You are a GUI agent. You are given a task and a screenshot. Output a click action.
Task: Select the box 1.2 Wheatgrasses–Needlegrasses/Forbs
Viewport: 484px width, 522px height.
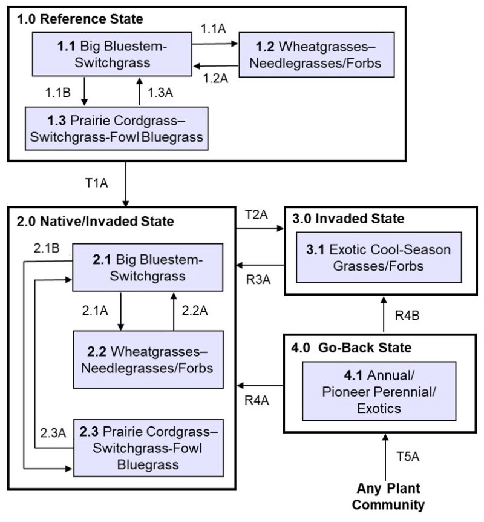coord(309,56)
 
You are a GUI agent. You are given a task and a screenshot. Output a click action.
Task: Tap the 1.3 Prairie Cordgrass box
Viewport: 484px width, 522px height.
coord(117,128)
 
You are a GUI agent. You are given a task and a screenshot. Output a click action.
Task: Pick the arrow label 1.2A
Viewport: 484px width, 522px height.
coord(215,78)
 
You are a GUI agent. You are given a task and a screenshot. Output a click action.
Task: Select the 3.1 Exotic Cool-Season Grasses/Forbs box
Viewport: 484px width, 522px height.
coord(378,257)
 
